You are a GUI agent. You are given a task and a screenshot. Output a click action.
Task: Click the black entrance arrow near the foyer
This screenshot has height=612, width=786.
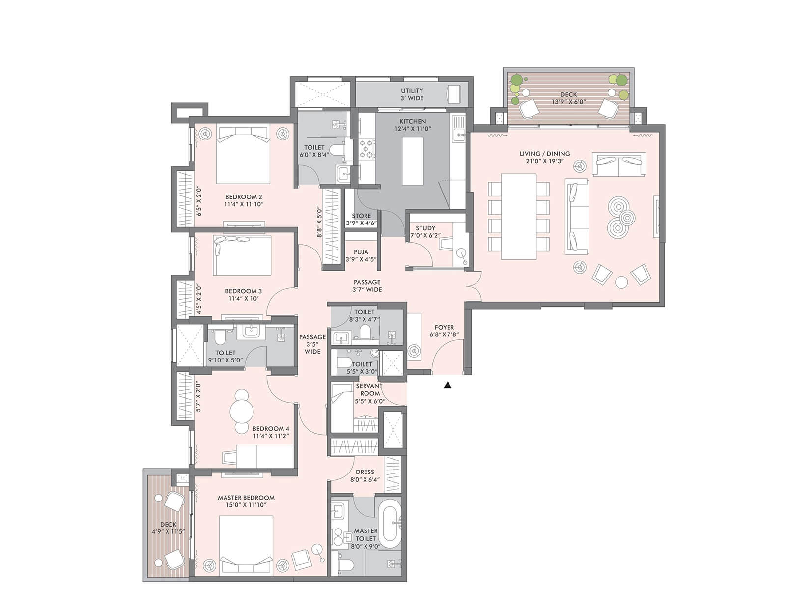[447, 385]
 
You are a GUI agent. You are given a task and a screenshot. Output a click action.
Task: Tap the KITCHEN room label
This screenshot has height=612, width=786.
[413, 121]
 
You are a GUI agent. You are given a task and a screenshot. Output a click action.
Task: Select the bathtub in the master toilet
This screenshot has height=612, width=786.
[390, 524]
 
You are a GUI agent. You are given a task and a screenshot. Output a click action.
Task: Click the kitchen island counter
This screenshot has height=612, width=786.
[413, 161]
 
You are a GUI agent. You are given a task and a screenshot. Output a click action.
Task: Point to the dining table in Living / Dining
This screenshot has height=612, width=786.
[518, 216]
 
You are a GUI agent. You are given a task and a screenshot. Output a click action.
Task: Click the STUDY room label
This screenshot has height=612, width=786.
[425, 228]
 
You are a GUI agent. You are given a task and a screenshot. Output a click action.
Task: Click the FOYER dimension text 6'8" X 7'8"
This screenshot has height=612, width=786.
[444, 334]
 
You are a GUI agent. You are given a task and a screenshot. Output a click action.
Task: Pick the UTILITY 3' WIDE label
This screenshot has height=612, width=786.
[412, 94]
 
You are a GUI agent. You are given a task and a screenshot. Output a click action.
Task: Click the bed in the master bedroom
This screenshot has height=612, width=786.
[246, 543]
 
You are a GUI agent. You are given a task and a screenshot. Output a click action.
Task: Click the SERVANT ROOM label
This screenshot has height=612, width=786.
[369, 389]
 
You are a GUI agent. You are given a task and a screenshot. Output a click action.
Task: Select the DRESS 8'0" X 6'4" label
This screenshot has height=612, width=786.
[365, 475]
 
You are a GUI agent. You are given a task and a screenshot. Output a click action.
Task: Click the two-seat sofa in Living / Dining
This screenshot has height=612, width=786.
[619, 165]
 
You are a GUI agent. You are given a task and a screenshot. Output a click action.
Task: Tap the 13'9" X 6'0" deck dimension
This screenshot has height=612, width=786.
[568, 102]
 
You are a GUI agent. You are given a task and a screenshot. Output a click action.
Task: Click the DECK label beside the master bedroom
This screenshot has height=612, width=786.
[168, 524]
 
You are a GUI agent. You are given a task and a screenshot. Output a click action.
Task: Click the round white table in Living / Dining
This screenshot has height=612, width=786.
[621, 282]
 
